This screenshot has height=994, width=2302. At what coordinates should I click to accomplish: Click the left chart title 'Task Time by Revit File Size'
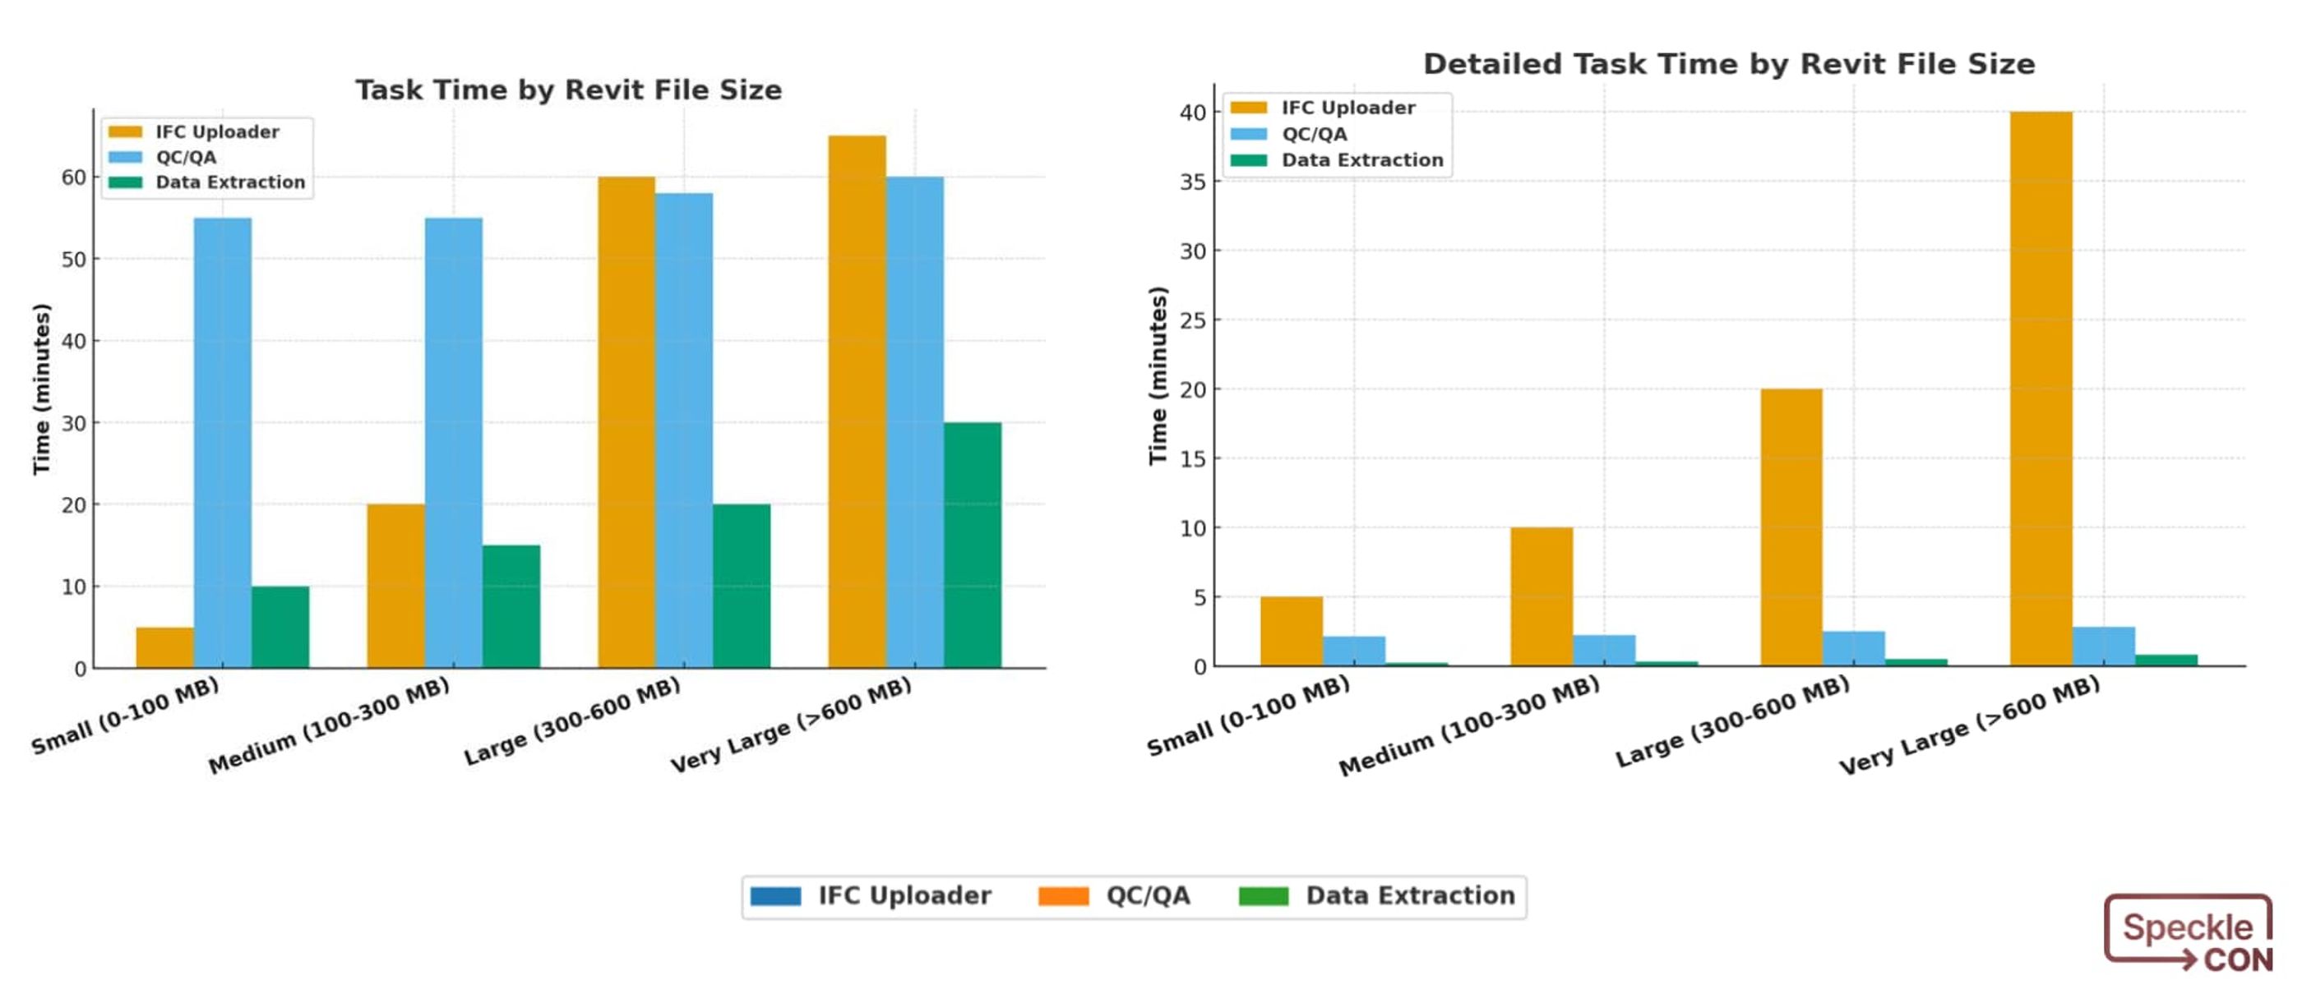click(568, 90)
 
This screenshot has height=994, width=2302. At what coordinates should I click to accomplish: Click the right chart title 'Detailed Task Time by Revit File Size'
click(1728, 64)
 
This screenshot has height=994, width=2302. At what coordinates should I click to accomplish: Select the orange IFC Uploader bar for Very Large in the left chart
click(856, 402)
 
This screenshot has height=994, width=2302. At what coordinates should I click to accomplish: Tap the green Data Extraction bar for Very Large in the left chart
click(973, 545)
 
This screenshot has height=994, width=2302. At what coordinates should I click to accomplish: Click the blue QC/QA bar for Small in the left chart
click(223, 442)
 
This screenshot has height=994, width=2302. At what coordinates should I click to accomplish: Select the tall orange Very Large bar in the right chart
click(2041, 389)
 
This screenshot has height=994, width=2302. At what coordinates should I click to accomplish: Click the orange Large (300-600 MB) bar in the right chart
click(1791, 527)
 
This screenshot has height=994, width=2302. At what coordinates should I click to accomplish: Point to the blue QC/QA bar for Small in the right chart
click(1354, 650)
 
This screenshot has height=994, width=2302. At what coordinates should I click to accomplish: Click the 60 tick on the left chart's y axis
click(74, 177)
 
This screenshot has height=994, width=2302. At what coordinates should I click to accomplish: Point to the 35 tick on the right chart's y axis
click(1193, 182)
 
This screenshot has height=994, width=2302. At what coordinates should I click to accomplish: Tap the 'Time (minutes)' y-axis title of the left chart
click(41, 389)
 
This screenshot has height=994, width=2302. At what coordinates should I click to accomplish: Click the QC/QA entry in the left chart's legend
click(185, 157)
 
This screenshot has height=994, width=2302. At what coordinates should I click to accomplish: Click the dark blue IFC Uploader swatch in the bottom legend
click(774, 895)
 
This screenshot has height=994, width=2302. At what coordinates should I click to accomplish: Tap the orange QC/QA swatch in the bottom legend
click(1062, 895)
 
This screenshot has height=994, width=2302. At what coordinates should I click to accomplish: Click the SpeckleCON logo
click(2188, 933)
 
